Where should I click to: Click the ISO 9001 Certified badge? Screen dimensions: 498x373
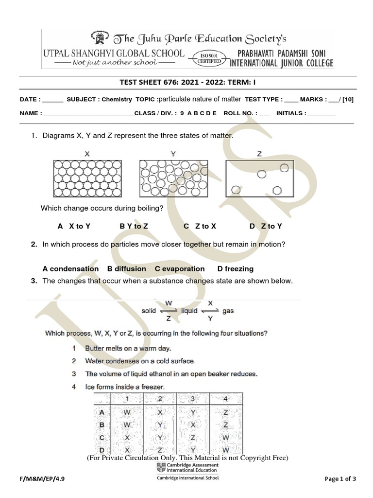[209, 58]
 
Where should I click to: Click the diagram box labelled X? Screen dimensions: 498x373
[87, 178]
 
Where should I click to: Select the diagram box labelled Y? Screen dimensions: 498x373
[173, 178]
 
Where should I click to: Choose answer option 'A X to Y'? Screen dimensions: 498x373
[74, 226]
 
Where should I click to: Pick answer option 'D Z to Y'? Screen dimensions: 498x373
[266, 226]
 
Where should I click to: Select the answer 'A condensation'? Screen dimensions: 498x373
[70, 268]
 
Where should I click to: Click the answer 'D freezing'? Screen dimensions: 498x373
[235, 268]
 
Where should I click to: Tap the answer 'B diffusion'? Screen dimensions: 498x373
[126, 268]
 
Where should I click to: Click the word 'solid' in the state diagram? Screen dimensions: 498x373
[149, 311]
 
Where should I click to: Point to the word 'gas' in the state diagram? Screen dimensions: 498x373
[228, 311]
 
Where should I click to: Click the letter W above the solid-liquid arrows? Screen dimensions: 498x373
[169, 302]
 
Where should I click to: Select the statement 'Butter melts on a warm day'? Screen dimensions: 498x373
[128, 349]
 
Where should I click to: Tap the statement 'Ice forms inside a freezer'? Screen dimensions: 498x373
[125, 387]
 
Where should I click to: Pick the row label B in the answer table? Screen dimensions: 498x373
[102, 425]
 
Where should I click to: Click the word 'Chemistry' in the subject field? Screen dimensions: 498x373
[117, 99]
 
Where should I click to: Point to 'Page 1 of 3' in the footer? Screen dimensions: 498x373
[340, 479]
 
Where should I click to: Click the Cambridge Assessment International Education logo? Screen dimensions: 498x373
[187, 468]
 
